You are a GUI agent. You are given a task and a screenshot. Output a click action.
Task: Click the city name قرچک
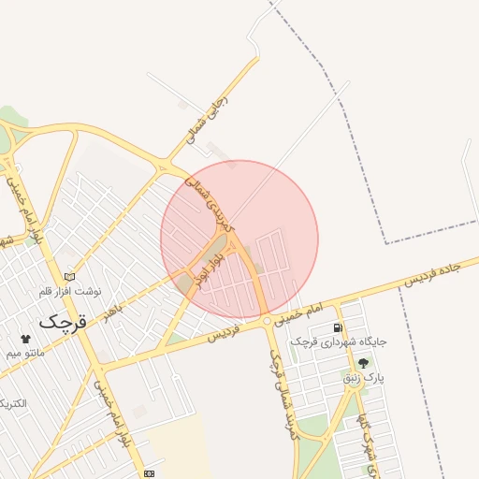[x=62, y=321]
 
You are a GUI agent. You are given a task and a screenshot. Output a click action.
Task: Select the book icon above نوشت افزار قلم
[x=69, y=277]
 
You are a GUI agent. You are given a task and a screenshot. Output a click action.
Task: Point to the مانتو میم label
[x=25, y=354]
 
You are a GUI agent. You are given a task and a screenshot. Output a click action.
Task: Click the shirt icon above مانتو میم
[x=24, y=339]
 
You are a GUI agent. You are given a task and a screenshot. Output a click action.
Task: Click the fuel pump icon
[x=337, y=328]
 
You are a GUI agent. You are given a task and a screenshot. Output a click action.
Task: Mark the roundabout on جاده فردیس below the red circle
[x=268, y=321]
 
